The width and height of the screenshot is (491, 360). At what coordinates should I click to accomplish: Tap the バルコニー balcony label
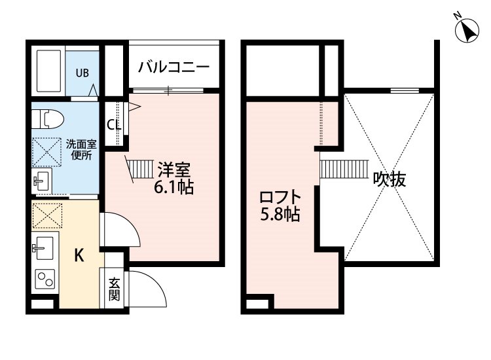tap(173, 67)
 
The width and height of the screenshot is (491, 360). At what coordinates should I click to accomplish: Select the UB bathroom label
tap(82, 73)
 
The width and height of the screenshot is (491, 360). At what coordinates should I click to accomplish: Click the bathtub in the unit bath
tap(48, 71)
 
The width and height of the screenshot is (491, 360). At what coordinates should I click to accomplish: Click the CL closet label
tap(114, 125)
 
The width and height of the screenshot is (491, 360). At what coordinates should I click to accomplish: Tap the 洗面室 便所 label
tap(81, 150)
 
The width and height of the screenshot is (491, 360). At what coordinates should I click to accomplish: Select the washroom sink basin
tap(41, 181)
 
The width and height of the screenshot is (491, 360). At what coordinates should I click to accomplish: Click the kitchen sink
tap(43, 247)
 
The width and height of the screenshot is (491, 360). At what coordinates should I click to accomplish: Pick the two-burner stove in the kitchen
tap(45, 279)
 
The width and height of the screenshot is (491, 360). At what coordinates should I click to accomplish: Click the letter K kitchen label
tap(79, 255)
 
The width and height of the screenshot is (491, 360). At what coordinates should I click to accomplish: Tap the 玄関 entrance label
tap(115, 289)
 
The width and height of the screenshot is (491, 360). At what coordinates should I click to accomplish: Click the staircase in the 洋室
tap(140, 169)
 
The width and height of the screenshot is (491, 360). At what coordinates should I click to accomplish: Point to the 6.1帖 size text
tap(173, 187)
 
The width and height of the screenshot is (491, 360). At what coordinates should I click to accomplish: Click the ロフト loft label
tap(280, 197)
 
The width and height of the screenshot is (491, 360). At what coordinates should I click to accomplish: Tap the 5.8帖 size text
tap(280, 215)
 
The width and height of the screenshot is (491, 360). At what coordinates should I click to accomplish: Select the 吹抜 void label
tap(390, 179)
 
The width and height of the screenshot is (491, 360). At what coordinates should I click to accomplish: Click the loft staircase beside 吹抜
tap(344, 169)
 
